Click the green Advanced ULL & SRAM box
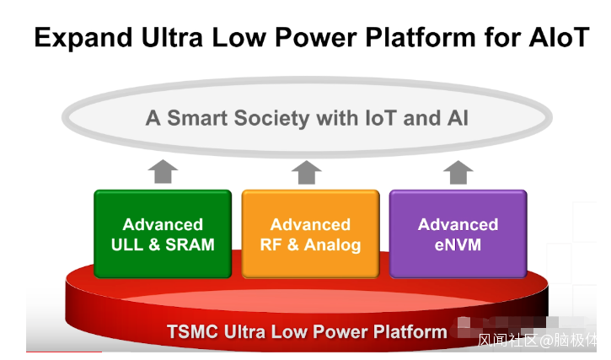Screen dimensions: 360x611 coord(163,234)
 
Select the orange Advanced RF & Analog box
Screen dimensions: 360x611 coord(310,234)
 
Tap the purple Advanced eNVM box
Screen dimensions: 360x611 coord(458,234)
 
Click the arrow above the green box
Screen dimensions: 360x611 coord(163,171)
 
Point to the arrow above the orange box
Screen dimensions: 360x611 coord(307,171)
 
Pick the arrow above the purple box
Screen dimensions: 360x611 coord(458,171)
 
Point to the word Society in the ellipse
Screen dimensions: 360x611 coord(276,117)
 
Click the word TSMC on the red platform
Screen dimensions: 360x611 coord(194,331)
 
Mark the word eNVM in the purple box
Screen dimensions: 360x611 coord(458,245)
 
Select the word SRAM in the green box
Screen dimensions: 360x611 coord(190,245)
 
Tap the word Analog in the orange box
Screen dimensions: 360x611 coord(332,245)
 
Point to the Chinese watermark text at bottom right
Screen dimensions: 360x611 coord(537,341)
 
